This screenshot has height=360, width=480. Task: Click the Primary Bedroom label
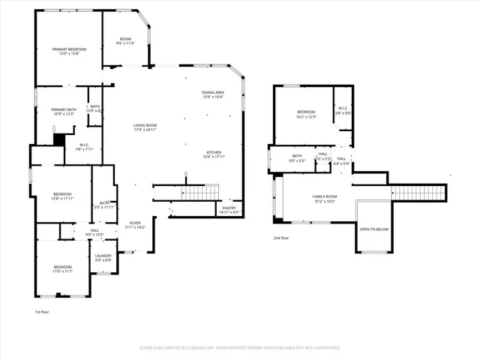tap(66, 49)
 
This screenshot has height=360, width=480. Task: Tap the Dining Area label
tap(212, 93)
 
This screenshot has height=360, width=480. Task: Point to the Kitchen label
tap(213, 153)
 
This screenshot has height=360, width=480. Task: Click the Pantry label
tap(229, 208)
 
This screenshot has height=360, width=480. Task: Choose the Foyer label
tap(135, 223)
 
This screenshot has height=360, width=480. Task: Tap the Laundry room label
tap(103, 256)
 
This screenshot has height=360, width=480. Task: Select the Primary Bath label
tap(64, 109)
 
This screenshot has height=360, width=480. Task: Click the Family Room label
tap(325, 196)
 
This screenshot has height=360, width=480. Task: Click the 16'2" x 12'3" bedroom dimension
tap(306, 117)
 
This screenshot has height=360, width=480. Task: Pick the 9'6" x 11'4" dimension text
tap(125, 43)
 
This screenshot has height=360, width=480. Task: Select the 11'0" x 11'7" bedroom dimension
tap(62, 271)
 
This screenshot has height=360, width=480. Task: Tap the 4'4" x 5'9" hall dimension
tap(341, 163)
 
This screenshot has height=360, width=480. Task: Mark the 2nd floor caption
tap(281, 238)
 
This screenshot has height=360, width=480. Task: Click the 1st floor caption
tap(43, 311)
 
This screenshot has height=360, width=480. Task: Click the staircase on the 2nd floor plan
tap(418, 192)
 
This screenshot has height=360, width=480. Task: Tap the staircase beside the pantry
tap(199, 193)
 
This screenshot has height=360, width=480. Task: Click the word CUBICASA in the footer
tap(199, 348)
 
